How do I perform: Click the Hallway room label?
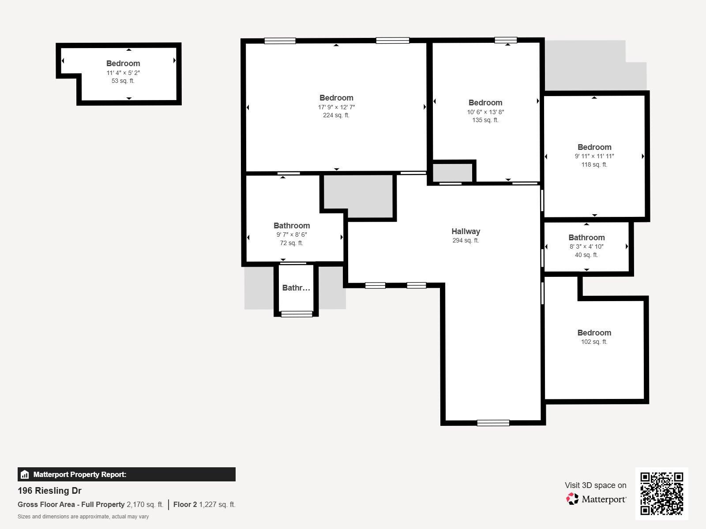coord(466,231)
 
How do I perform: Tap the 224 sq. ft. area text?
coord(336,115)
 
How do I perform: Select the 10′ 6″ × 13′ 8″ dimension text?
coord(485,112)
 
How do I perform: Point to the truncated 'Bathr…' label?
coord(296,288)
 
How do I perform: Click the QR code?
coord(661,493)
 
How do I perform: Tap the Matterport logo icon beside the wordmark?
coord(572,499)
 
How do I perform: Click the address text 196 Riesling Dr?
coord(49,491)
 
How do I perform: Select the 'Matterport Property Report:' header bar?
coord(126,474)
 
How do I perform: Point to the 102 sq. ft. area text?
coord(594,342)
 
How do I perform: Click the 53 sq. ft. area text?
coord(123,81)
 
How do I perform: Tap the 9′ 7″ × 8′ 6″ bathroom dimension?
coord(291,235)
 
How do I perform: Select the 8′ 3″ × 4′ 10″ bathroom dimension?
coord(586,247)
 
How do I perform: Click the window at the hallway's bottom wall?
coord(493,423)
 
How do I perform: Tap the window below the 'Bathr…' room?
coord(297,314)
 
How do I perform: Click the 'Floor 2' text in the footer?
coord(185,505)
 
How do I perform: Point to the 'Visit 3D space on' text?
coord(595,485)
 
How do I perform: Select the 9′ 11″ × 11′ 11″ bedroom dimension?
coord(594,156)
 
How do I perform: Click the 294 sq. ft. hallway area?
coord(466,240)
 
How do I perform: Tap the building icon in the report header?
coord(25,474)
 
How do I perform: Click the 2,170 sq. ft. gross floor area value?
coord(145,505)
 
